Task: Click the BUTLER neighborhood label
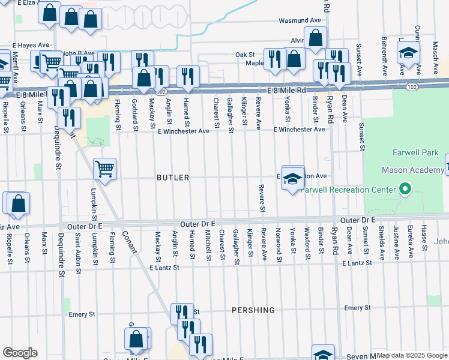pyautogui.click(x=173, y=178)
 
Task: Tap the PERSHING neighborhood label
pyautogui.click(x=253, y=310)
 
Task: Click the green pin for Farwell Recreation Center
pyautogui.click(x=405, y=190)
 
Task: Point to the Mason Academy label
pyautogui.click(x=421, y=171)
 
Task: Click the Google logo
pyautogui.click(x=20, y=353)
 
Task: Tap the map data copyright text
pyautogui.click(x=412, y=355)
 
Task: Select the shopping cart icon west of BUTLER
pyautogui.click(x=104, y=169)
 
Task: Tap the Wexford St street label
pyautogui.click(x=307, y=247)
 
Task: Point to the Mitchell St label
pyautogui.click(x=208, y=246)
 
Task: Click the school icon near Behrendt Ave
pyautogui.click(x=408, y=53)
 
